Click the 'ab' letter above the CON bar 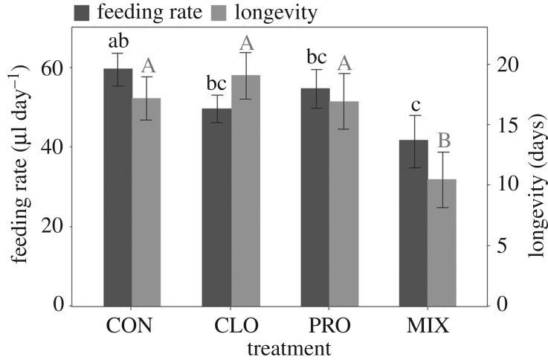click(118, 42)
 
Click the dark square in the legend click(81, 12)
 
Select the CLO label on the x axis click(231, 327)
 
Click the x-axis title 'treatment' click(278, 347)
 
